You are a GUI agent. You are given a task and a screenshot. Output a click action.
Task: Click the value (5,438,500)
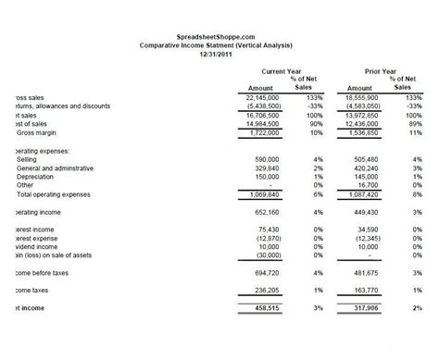click(262, 106)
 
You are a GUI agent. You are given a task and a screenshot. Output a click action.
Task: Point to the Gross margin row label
click(33, 132)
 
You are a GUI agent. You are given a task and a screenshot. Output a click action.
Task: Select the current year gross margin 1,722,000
click(264, 132)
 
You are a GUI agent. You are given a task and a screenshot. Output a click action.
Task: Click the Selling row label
click(27, 158)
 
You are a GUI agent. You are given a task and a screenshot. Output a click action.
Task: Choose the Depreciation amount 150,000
click(268, 177)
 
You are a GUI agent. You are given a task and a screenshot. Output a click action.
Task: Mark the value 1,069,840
click(264, 194)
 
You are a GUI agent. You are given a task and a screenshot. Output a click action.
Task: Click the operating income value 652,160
click(268, 212)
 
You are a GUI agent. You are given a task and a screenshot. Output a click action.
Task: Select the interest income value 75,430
click(270, 230)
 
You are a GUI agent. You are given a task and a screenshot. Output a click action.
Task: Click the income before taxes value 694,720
click(268, 266)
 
